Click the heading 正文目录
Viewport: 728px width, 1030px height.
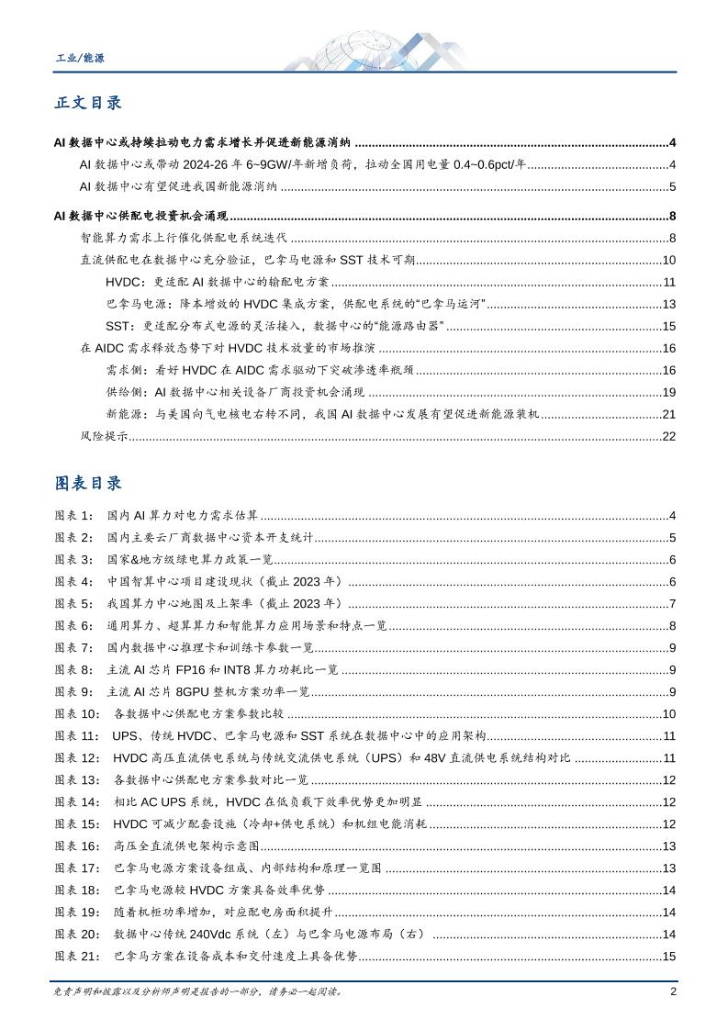[x=88, y=103]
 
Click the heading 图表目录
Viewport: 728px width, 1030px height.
[x=88, y=483]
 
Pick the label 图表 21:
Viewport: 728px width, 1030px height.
[x=81, y=956]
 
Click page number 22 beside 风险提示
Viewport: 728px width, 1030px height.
[x=668, y=435]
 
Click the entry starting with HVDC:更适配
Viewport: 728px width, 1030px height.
[x=223, y=281]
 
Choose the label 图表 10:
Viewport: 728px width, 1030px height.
[x=81, y=713]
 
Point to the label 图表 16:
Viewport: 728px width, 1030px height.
[x=81, y=845]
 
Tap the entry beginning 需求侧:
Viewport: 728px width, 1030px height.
[x=260, y=370]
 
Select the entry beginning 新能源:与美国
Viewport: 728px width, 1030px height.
[x=322, y=414]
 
